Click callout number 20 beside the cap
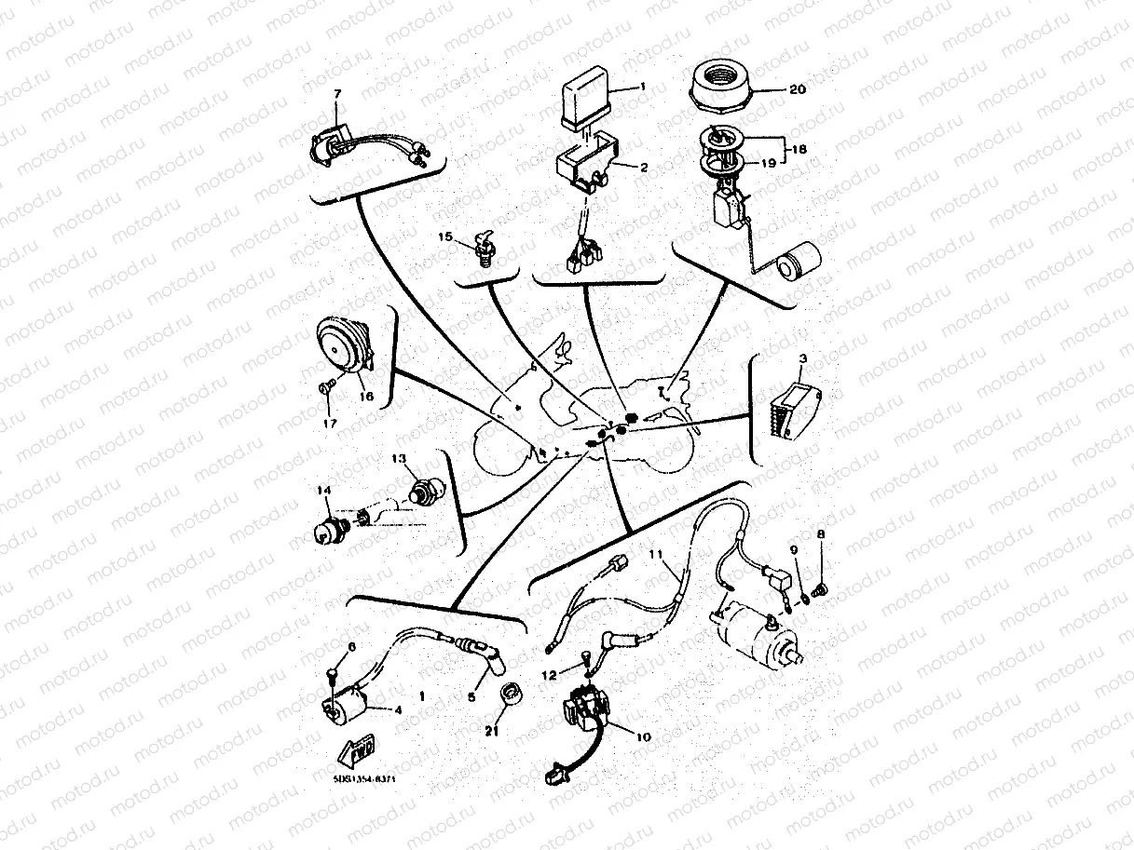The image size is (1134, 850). (797, 90)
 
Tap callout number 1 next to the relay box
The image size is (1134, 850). (642, 86)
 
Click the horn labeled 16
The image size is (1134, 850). (343, 344)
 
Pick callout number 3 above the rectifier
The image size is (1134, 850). (802, 357)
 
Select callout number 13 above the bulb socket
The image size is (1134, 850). (399, 459)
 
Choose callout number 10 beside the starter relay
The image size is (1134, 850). (641, 735)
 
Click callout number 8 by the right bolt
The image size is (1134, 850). (821, 534)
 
